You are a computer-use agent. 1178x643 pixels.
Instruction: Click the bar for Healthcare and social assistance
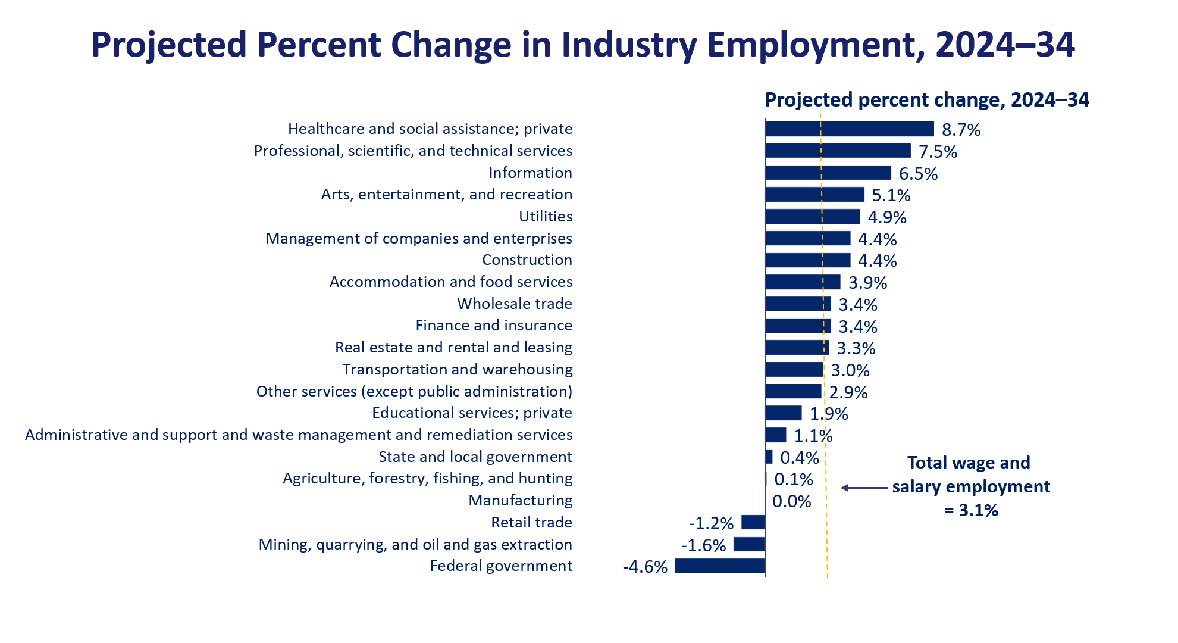(x=849, y=129)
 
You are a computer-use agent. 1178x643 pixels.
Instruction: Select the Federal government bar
(x=719, y=566)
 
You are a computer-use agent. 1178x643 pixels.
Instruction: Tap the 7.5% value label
(x=938, y=152)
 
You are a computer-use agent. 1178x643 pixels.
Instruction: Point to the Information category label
(x=530, y=173)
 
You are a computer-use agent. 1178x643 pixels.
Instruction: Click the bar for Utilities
(x=812, y=217)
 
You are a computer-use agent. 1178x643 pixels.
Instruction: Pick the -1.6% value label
(x=703, y=545)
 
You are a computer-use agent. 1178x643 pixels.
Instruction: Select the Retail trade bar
(x=753, y=523)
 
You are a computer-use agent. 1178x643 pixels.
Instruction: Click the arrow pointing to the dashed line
(x=863, y=488)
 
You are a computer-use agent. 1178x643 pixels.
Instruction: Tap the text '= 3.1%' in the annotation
(x=971, y=511)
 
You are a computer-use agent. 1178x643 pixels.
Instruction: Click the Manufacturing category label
(x=520, y=500)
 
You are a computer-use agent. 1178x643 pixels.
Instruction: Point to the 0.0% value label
(x=791, y=501)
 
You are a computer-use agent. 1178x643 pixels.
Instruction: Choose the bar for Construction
(x=807, y=260)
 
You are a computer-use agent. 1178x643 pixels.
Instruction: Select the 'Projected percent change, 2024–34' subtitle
(x=926, y=100)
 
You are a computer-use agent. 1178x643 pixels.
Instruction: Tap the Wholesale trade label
(x=514, y=304)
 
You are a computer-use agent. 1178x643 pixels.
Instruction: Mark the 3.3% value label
(x=856, y=348)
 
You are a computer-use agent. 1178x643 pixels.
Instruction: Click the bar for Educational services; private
(x=783, y=413)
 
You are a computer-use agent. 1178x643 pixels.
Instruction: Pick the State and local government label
(x=475, y=457)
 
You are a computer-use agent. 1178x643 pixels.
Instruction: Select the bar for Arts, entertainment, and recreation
(x=814, y=195)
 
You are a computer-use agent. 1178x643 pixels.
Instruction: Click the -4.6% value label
(x=645, y=567)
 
